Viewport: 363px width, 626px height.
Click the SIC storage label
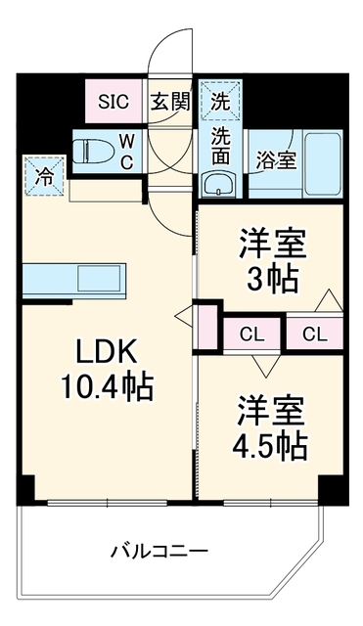(113, 102)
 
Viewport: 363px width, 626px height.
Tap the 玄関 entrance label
(169, 103)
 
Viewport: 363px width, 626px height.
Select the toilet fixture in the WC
(93, 152)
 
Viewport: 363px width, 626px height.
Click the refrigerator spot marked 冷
(44, 176)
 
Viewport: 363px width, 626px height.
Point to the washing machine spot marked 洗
(220, 101)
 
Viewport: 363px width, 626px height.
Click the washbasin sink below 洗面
(219, 185)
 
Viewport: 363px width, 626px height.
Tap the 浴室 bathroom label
(276, 160)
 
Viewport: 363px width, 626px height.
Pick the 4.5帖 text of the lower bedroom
(270, 445)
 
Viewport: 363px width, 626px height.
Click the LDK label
(107, 351)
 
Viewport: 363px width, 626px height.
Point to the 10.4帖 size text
(107, 387)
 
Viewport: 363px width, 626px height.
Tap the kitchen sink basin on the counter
(99, 278)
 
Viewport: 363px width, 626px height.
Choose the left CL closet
(251, 335)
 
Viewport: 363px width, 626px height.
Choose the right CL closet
(315, 335)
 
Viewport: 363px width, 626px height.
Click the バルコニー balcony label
(159, 553)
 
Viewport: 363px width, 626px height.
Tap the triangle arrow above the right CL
(329, 299)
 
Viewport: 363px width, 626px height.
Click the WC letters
(126, 152)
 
